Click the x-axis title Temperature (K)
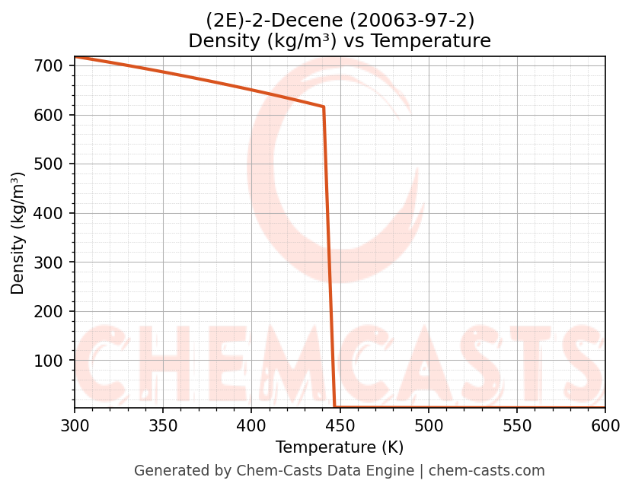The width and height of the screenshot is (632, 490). click(340, 447)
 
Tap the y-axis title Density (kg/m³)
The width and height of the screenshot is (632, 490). click(18, 233)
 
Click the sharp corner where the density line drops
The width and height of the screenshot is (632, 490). click(324, 107)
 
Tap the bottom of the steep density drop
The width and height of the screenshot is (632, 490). click(335, 407)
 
